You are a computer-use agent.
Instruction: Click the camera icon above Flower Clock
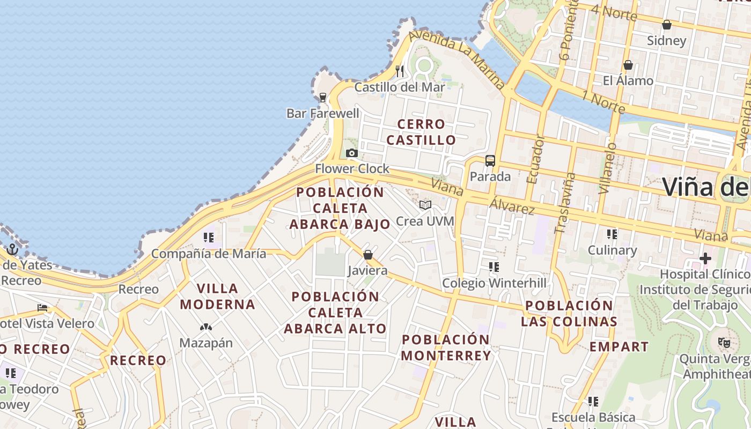pos(352,153)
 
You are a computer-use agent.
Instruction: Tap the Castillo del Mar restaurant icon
pos(400,71)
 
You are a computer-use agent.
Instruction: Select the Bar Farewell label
pos(323,113)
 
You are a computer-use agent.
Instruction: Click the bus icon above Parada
pos(490,160)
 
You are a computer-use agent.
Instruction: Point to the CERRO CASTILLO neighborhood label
pos(421,132)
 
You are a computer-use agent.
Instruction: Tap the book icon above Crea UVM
pos(425,205)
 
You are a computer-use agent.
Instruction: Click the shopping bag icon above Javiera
pos(368,255)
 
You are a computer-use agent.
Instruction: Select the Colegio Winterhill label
pos(494,283)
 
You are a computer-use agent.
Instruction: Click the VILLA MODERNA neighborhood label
pos(217,296)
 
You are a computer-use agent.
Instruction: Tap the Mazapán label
pos(206,343)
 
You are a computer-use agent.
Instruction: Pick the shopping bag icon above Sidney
pos(667,25)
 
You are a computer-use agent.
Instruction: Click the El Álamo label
pos(628,80)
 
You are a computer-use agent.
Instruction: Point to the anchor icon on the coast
pos(12,249)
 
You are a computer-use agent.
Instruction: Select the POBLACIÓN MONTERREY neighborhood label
pos(446,347)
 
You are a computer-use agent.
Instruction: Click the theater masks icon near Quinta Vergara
pos(724,342)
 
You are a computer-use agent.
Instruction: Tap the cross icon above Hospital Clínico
pos(705,259)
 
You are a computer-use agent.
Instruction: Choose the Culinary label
pos(612,250)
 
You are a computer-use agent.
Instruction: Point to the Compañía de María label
pos(209,254)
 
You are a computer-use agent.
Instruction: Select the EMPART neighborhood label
pos(619,346)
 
